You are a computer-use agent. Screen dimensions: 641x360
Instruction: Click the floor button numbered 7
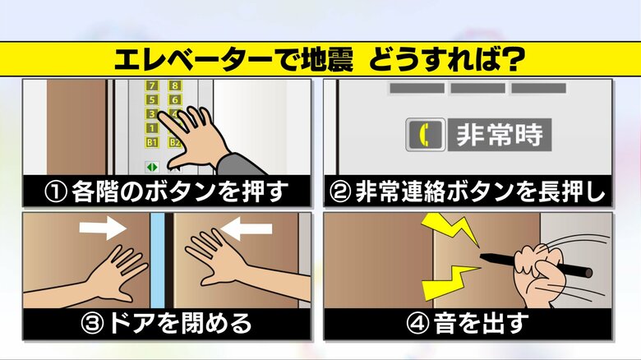152,85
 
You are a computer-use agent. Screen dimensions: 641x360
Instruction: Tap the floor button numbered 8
175,85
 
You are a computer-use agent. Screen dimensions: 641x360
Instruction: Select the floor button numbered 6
175,99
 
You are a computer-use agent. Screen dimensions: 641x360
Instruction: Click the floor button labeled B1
152,142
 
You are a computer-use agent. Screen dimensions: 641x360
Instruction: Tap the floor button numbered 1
152,128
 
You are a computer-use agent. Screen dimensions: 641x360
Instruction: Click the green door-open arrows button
152,167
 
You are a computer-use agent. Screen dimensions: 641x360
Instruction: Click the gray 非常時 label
500,135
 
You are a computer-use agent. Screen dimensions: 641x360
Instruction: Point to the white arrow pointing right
103,228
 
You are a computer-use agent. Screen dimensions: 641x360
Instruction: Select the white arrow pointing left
247,228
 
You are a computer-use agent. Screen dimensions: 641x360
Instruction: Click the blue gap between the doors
158,261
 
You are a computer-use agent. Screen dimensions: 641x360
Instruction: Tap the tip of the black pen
481,256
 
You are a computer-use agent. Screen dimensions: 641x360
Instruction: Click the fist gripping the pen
539,272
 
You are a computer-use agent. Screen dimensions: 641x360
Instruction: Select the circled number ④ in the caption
417,323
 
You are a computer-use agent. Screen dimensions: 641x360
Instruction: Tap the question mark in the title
513,60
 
